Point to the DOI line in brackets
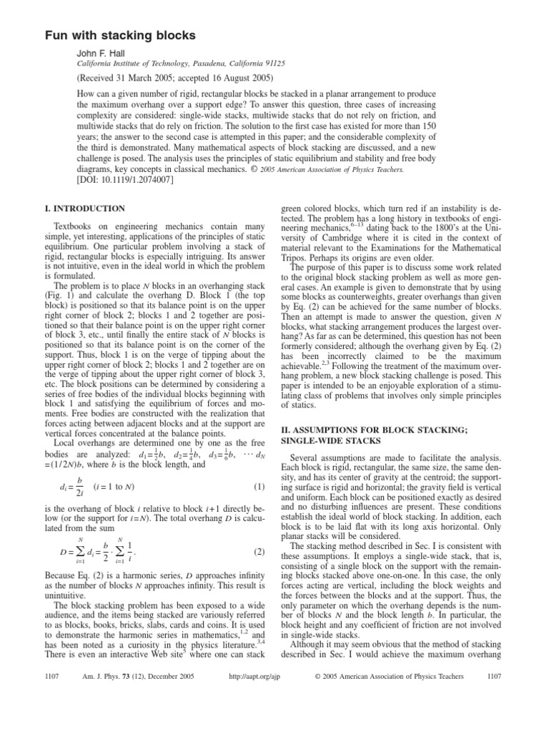pyautogui.click(x=124, y=160)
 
